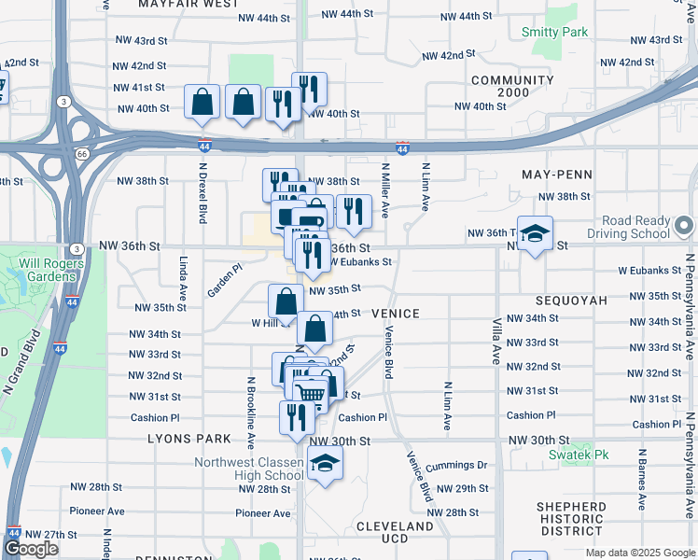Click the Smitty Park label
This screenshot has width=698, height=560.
(x=554, y=32)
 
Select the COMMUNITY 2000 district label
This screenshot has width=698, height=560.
(x=512, y=87)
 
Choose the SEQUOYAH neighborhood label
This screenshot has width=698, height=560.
(x=571, y=301)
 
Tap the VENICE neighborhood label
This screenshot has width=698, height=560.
(x=396, y=315)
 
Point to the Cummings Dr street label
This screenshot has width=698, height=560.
(x=456, y=465)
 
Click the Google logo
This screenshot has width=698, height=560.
(x=31, y=549)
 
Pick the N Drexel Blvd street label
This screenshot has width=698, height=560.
(x=202, y=193)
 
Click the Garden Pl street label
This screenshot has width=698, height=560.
(x=224, y=279)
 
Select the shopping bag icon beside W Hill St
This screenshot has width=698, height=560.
(x=286, y=301)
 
